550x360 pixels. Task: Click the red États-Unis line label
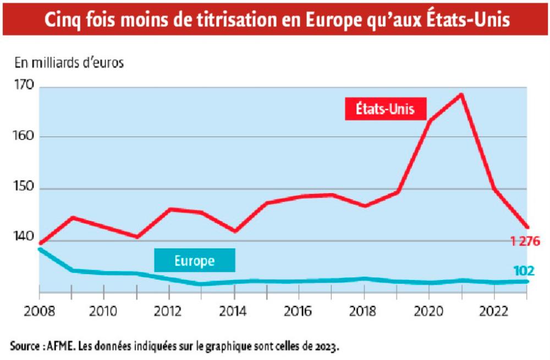pyautogui.click(x=386, y=109)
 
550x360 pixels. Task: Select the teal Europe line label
pyautogui.click(x=194, y=260)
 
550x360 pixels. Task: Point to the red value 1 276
pyautogui.click(x=526, y=241)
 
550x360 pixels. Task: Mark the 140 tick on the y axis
pyautogui.click(x=23, y=238)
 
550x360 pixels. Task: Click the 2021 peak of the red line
pyautogui.click(x=461, y=94)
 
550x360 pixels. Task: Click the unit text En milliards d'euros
pyautogui.click(x=69, y=62)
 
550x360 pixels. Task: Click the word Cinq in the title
pyautogui.click(x=62, y=20)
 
